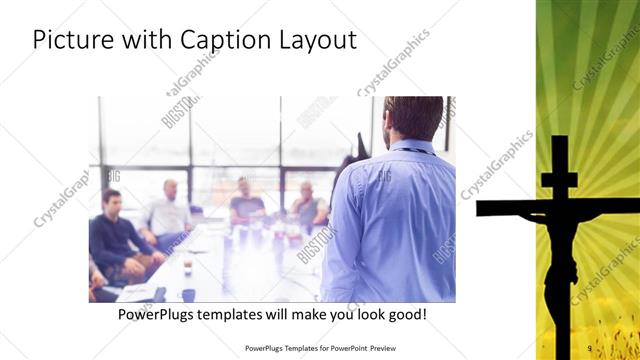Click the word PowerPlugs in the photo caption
pos(158,315)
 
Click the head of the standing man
pos(413,118)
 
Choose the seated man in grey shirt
pos(307,204)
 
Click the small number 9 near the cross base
pos(590,348)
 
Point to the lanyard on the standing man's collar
pos(410,149)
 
